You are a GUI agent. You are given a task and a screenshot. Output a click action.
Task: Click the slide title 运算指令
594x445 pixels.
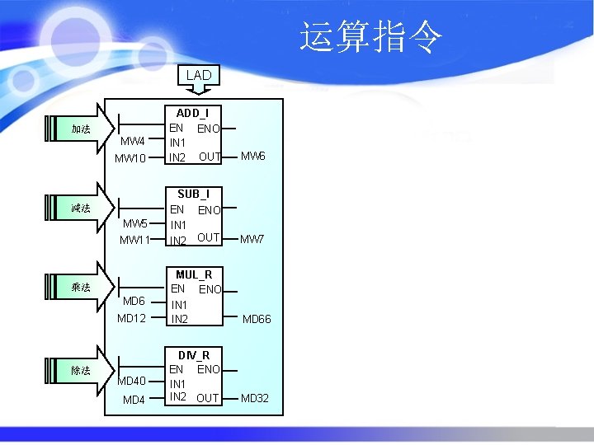pos(371,37)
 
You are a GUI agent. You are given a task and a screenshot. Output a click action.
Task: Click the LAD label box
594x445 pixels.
pos(199,75)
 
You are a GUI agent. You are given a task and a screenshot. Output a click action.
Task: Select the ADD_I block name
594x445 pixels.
pos(193,113)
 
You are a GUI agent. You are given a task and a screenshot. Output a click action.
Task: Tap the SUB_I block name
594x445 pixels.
pos(193,194)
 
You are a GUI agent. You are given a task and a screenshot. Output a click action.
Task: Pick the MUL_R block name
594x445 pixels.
pos(194,274)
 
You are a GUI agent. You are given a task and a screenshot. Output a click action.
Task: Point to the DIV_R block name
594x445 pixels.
pos(194,355)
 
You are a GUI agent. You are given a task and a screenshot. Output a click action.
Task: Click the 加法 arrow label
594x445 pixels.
pos(81,129)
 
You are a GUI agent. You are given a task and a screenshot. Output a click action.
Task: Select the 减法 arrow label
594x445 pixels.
pos(81,208)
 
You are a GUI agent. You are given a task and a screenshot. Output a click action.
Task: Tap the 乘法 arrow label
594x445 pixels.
pos(81,288)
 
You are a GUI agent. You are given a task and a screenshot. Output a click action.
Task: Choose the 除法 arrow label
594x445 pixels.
pos(81,371)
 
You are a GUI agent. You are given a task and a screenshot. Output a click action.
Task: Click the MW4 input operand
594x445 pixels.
pos(133,141)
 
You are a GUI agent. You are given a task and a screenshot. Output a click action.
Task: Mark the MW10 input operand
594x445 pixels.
pos(130,157)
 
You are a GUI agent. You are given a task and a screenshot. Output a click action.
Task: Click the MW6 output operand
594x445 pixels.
pos(252,156)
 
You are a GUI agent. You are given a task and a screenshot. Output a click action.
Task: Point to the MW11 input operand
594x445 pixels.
pos(134,240)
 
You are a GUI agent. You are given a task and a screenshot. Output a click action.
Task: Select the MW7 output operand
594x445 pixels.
pos(252,240)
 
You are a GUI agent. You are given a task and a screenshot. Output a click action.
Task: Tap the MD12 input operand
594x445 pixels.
pos(131,318)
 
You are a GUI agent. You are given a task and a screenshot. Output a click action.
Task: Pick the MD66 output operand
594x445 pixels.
pos(256,319)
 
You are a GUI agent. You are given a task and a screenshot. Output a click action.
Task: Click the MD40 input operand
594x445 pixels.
pos(132,381)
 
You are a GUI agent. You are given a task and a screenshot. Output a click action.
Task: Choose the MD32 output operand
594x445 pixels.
pos(254,399)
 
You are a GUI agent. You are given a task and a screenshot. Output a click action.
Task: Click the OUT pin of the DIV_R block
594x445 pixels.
pos(208,399)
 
